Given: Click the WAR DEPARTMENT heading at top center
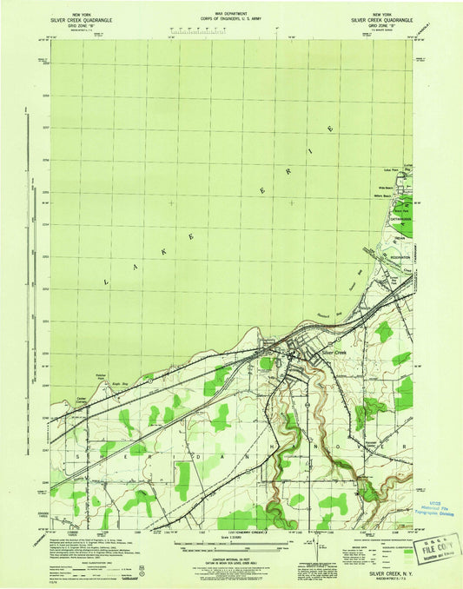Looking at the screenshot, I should [232, 15].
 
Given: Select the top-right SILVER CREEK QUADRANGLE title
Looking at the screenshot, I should [380, 20].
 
